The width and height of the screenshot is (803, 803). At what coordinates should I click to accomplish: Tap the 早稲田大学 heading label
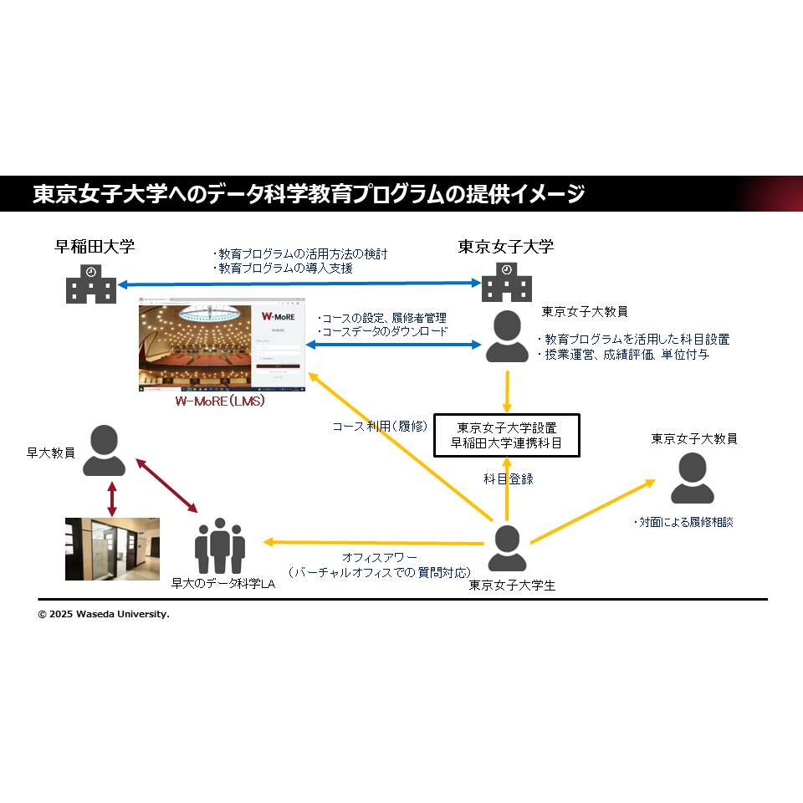point(95,246)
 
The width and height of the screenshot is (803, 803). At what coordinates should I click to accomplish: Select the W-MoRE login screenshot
point(222,344)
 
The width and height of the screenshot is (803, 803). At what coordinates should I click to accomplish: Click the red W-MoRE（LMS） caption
point(220,401)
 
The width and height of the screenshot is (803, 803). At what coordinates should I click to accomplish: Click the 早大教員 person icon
point(103,451)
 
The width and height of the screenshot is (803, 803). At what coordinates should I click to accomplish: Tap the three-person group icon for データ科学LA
point(220,545)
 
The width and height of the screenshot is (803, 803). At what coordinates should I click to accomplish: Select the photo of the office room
point(112,549)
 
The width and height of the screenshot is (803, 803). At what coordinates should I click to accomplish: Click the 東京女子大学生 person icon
point(507,548)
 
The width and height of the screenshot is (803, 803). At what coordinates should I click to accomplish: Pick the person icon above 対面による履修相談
point(693,478)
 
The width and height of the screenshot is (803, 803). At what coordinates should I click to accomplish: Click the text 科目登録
point(508,479)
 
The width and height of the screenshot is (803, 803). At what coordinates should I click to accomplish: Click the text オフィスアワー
point(379,557)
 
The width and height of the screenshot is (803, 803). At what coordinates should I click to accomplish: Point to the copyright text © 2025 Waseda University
point(104,614)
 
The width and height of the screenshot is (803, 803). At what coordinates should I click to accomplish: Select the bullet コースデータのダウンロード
point(382,331)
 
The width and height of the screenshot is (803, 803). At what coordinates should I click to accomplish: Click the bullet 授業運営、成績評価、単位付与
point(622,355)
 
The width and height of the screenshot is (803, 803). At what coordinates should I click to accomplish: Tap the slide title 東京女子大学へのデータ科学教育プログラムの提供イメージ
point(309,194)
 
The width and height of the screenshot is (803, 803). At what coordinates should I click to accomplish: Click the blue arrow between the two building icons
point(299,283)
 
